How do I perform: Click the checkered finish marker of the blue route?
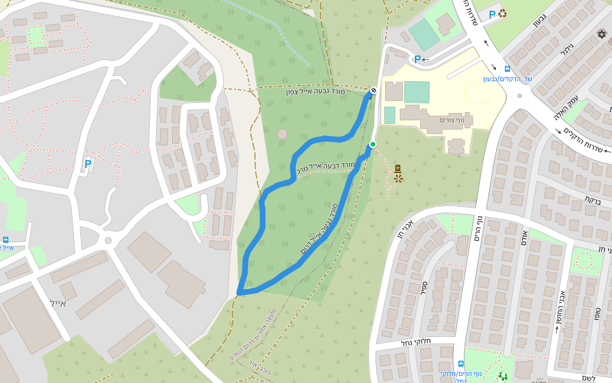pyautogui.click(x=373, y=90)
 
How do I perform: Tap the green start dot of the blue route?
pyautogui.click(x=373, y=145)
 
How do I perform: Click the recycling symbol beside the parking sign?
pyautogui.click(x=502, y=13)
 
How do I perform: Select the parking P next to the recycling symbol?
pyautogui.click(x=492, y=14)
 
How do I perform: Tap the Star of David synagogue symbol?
pyautogui.click(x=601, y=33)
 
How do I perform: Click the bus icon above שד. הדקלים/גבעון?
pyautogui.click(x=507, y=69)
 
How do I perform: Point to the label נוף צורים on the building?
pyautogui.click(x=456, y=120)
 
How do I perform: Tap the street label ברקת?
pyautogui.click(x=593, y=199)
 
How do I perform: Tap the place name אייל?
pyautogui.click(x=57, y=303)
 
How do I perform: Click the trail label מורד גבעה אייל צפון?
pyautogui.click(x=315, y=93)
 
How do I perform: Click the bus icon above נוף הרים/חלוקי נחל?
pyautogui.click(x=461, y=364)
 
